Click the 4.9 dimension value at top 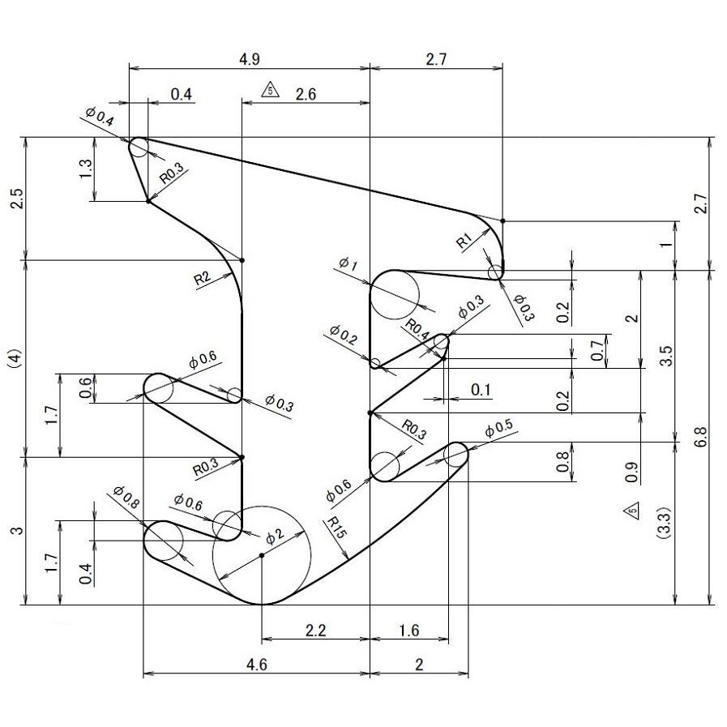[250, 59]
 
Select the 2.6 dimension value [306, 94]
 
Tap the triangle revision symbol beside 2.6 [270, 90]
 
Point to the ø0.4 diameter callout [100, 116]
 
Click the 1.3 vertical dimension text [87, 169]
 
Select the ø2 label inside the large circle [275, 535]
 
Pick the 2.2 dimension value [315, 631]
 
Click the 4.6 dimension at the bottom [256, 665]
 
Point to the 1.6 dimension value [408, 631]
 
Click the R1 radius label [464, 240]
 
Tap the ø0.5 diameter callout [498, 429]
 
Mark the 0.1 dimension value [481, 390]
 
